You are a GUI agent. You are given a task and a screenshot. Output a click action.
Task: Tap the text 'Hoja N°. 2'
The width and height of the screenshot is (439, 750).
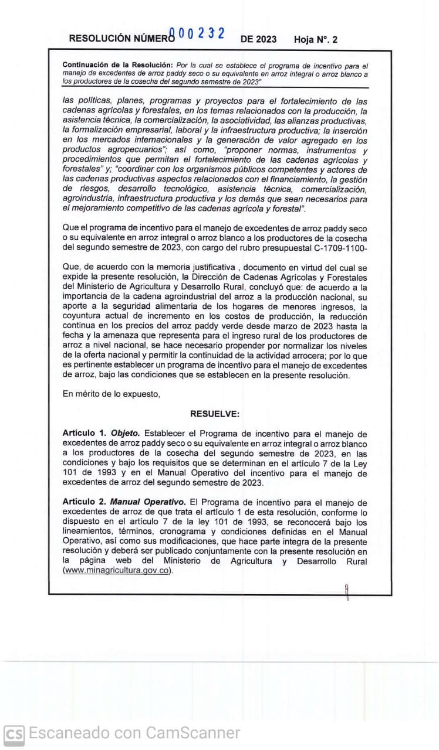coord(316,40)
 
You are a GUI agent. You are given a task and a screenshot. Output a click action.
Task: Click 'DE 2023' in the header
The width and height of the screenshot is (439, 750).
coord(259,40)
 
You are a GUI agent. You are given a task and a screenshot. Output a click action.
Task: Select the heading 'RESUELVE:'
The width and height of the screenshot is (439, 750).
coord(215,414)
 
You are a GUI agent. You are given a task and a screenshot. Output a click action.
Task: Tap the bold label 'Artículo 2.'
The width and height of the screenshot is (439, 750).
coord(85,502)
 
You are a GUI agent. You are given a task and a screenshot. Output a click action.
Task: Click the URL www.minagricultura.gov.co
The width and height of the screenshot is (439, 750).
coord(118,571)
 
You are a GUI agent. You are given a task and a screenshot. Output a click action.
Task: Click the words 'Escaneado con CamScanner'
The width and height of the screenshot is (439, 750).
coord(134,733)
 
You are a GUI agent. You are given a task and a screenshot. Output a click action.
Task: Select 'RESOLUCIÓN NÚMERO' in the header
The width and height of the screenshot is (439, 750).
coord(122,39)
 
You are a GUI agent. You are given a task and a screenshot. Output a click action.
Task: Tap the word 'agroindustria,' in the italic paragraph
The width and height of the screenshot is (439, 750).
coord(90,199)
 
